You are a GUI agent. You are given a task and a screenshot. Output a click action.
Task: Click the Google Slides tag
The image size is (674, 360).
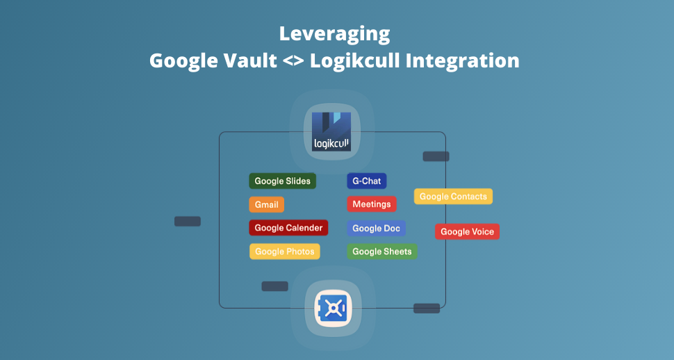(282, 181)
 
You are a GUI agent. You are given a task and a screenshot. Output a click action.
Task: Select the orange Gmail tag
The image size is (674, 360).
(266, 205)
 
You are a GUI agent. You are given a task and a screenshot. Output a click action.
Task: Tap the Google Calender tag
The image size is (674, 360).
(288, 228)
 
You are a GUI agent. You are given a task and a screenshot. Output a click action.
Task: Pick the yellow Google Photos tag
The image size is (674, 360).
(284, 252)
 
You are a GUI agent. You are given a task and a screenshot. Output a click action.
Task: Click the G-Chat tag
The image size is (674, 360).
(366, 181)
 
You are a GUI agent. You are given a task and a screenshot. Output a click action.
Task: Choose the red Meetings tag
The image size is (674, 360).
(371, 204)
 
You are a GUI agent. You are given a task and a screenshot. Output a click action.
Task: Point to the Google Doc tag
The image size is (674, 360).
(376, 228)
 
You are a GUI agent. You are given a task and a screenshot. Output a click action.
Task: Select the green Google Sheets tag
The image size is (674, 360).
(381, 252)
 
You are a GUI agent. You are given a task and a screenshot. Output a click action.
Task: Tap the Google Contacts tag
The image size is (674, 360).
(453, 197)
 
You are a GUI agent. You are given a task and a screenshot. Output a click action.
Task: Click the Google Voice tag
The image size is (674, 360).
(467, 231)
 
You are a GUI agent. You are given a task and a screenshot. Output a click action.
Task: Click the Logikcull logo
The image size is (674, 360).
(331, 132)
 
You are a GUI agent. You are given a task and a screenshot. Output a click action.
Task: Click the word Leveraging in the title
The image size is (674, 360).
(334, 33)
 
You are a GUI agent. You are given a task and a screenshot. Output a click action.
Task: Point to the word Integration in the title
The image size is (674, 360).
(462, 60)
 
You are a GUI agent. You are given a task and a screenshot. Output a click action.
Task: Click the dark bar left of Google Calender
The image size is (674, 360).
(188, 222)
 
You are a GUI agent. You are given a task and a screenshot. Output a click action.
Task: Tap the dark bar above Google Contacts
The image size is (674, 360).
(436, 156)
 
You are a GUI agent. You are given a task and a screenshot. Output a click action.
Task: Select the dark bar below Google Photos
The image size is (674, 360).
(274, 286)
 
